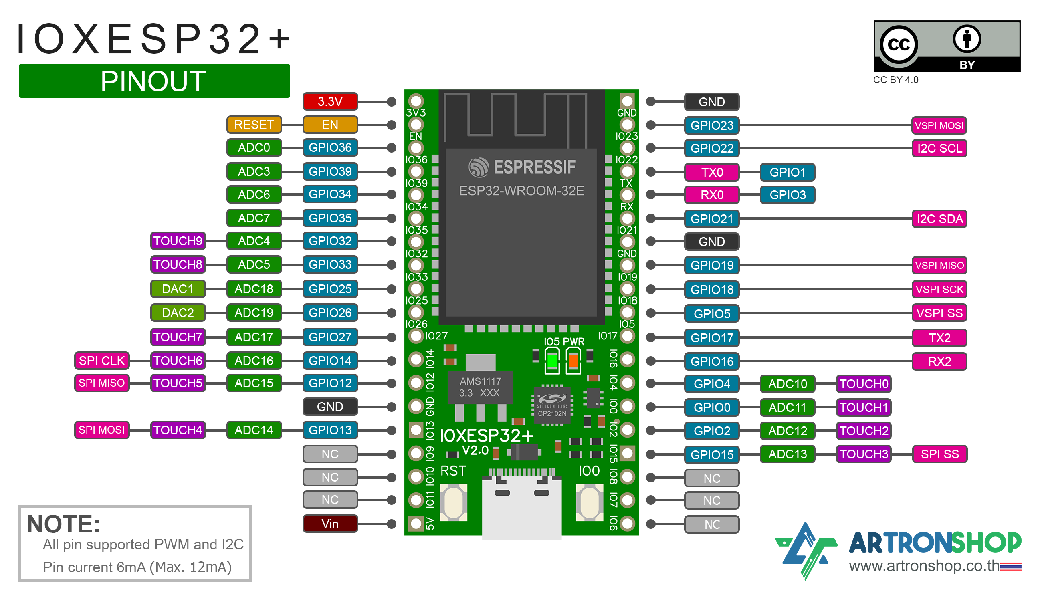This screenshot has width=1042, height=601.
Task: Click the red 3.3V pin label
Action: (x=330, y=101)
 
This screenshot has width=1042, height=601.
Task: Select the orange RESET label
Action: (x=254, y=125)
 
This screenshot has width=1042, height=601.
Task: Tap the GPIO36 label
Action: (x=330, y=148)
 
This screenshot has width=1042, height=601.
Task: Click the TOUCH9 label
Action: (x=178, y=241)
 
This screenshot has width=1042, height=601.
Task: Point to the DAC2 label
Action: (x=178, y=313)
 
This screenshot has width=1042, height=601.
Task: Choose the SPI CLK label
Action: (x=101, y=361)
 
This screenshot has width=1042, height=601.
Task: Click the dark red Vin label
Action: (x=330, y=524)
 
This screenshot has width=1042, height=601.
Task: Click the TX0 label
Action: (x=712, y=172)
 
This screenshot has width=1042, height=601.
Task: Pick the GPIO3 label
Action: (x=787, y=195)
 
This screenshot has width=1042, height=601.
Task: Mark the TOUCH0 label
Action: (x=863, y=384)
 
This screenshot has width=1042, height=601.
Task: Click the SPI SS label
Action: (x=939, y=454)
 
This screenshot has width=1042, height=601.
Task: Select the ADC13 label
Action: (x=787, y=454)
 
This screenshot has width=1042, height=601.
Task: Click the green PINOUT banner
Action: (x=154, y=81)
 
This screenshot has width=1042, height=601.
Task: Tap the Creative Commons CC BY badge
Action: (x=947, y=46)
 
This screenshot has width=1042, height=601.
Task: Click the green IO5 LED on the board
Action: (x=552, y=361)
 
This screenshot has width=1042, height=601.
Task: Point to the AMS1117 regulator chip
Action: (x=481, y=387)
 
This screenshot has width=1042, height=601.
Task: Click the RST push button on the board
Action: (x=453, y=502)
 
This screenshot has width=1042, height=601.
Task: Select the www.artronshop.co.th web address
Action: (x=923, y=565)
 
